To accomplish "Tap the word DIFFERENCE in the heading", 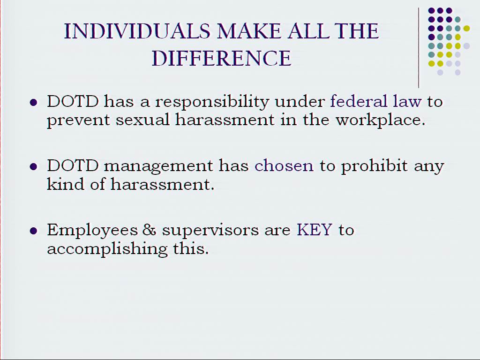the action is click(x=222, y=58).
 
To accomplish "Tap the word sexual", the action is click(x=142, y=120).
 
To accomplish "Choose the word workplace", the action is click(x=380, y=120).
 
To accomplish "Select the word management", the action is click(x=158, y=166).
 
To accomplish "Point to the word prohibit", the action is click(x=375, y=166).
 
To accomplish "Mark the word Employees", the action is click(x=92, y=231).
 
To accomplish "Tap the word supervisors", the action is click(x=210, y=231).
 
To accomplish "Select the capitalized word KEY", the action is click(x=315, y=230).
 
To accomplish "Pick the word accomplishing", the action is click(x=107, y=249).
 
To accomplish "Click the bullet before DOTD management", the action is click(x=33, y=167).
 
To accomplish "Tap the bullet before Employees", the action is click(x=33, y=231).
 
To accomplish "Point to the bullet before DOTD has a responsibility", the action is click(x=33, y=102).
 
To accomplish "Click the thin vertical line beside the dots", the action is click(x=419, y=47).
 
